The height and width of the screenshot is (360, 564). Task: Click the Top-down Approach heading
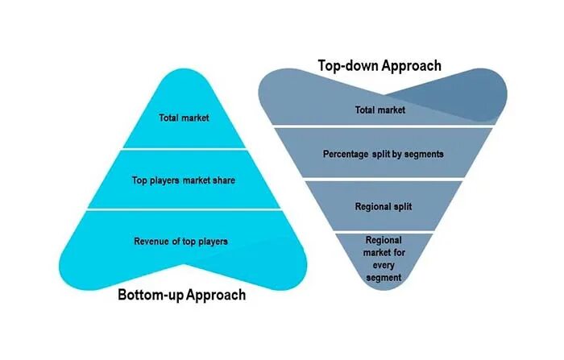[x=380, y=65]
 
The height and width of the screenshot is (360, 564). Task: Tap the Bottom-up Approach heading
[x=181, y=295]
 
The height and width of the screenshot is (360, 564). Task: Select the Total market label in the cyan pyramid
[x=183, y=118]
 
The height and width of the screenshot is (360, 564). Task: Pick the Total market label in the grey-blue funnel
[x=380, y=110]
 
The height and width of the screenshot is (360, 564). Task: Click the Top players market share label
[x=183, y=180]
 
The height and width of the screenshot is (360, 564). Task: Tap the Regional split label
[x=383, y=207]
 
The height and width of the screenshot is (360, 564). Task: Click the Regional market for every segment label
[x=383, y=258]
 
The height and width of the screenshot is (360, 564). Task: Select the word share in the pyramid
[x=223, y=180]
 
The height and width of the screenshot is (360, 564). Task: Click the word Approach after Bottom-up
[x=216, y=295]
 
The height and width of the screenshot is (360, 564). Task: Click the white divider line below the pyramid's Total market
[x=183, y=149]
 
